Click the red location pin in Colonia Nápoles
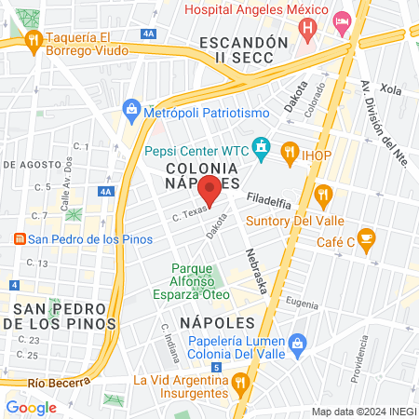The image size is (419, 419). pos(210,189)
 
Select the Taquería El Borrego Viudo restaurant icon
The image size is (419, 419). pos(34,39)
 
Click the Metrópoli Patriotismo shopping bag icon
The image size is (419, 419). pos(131,111)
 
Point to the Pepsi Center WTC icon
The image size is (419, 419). pos(262,148)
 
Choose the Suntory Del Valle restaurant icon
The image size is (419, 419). pos(324,195)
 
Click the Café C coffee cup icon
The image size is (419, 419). pos(367,237)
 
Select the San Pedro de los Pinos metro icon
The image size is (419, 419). pos(19,239)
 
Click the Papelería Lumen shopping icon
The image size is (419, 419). pos(297,344)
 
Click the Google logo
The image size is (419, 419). pos(31,407)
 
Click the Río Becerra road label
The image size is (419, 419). pos(60,383)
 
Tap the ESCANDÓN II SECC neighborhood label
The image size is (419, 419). pos(238,50)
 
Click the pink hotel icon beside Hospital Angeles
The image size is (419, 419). pos(342,19)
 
